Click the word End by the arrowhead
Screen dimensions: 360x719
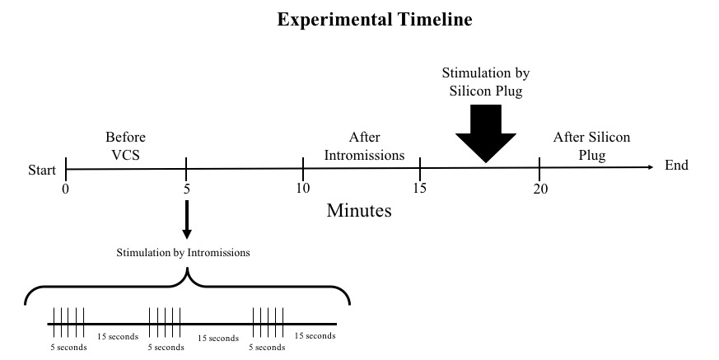pyautogui.click(x=676, y=166)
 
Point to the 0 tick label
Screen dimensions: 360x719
pyautogui.click(x=65, y=188)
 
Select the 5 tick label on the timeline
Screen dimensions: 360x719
pyautogui.click(x=187, y=188)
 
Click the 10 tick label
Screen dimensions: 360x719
pyautogui.click(x=303, y=188)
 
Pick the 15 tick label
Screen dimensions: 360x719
pyautogui.click(x=420, y=188)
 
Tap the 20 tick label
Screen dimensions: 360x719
pyautogui.click(x=539, y=188)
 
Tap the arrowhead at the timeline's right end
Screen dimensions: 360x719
pyautogui.click(x=651, y=168)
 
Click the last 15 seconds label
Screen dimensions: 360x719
pyautogui.click(x=315, y=336)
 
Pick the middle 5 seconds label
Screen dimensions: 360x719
pyautogui.click(x=166, y=347)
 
